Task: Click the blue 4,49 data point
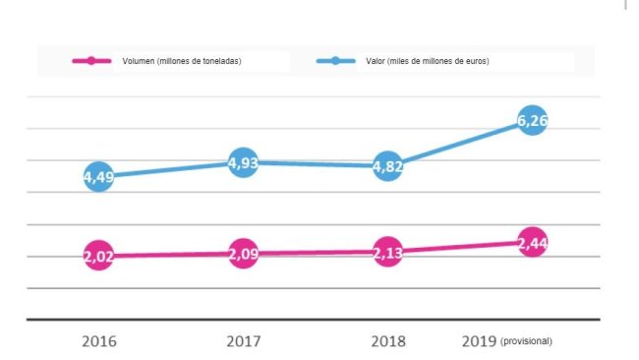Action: [x=98, y=177]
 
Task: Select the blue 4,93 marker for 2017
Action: [x=243, y=162]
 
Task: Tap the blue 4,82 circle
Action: [x=387, y=166]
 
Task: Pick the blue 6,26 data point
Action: [x=532, y=121]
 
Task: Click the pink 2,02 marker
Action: [x=98, y=256]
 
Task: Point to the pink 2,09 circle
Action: [x=243, y=254]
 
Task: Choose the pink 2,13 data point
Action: [x=387, y=252]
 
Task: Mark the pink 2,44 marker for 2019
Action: [x=532, y=242]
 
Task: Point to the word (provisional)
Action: [x=527, y=341]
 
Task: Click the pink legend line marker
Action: [x=91, y=61]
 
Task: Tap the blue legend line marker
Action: [x=335, y=61]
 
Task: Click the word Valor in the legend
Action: [x=371, y=62]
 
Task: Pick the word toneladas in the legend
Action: [x=219, y=62]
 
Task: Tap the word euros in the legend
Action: [x=475, y=62]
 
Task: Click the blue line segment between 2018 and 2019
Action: [x=460, y=144]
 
